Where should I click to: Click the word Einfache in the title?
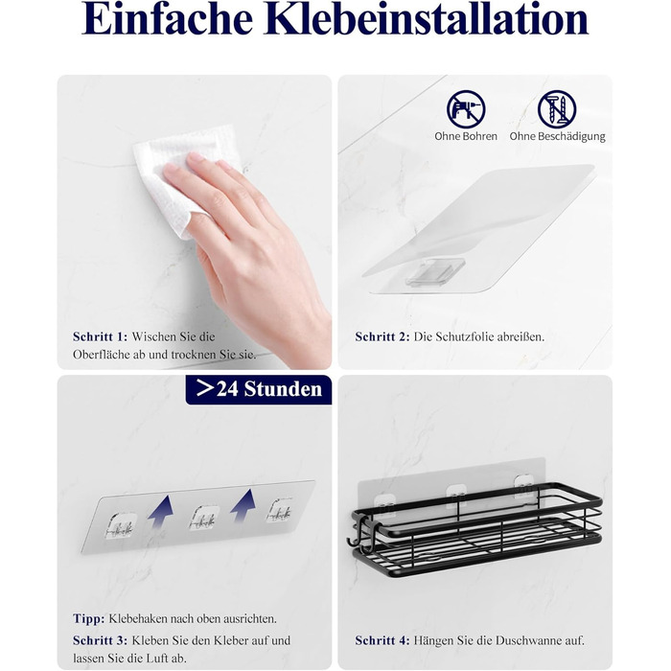point(168,19)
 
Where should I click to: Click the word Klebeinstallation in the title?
point(427,19)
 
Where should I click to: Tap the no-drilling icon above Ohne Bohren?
point(466,109)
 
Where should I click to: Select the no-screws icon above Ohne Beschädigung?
point(557,109)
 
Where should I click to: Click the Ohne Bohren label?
point(466,136)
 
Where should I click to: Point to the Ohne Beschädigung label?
point(557,137)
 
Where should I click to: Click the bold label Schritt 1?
point(100,336)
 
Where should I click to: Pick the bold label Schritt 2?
point(382,336)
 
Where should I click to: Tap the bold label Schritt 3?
point(100,640)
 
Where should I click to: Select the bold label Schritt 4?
point(382,640)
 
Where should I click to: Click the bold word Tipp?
point(88,619)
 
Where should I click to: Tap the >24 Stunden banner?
point(259,389)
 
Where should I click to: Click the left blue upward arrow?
point(161,512)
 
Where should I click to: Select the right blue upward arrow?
point(243,507)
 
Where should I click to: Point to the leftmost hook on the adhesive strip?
point(121,524)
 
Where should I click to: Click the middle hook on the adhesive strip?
point(204,518)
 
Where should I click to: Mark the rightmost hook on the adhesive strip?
point(280,510)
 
